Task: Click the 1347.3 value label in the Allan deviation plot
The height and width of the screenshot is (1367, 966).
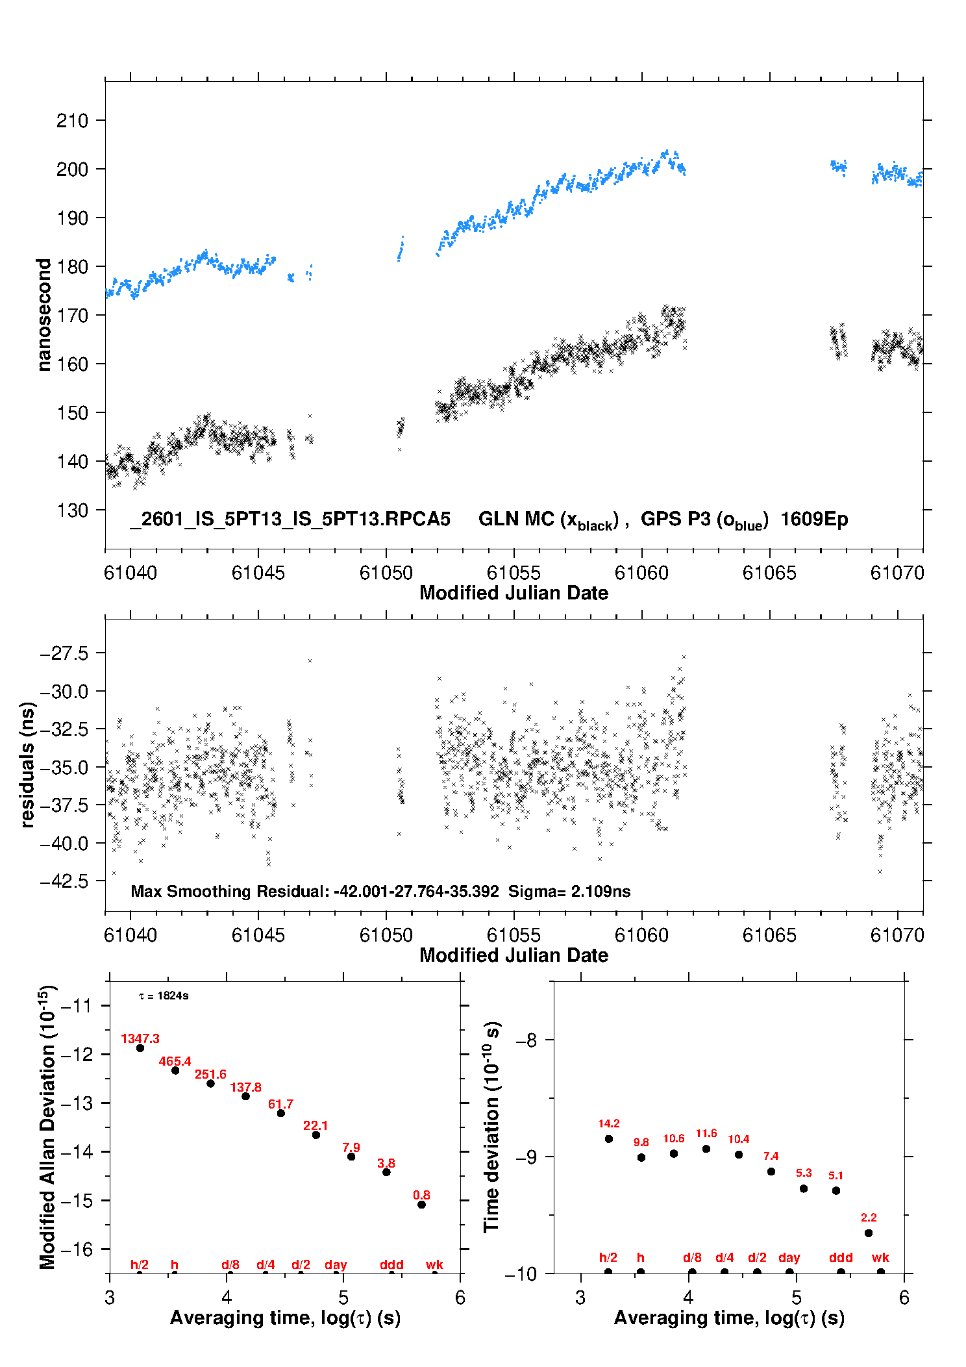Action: (x=140, y=1038)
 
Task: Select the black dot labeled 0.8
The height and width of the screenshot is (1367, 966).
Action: (x=421, y=1205)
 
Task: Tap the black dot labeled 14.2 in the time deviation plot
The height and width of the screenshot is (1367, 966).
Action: (x=609, y=1139)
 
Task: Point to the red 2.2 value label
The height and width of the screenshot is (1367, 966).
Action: (x=869, y=1218)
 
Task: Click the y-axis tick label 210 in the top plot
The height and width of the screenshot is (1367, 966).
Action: (x=72, y=121)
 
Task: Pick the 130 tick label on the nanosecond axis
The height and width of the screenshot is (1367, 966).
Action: (x=72, y=510)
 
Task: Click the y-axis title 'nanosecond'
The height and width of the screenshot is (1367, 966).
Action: (x=43, y=314)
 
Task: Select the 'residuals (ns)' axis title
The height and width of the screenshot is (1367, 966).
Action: (x=27, y=764)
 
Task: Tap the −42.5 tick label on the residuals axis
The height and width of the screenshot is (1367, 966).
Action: (x=64, y=882)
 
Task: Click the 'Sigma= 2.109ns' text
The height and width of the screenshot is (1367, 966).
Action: (x=569, y=892)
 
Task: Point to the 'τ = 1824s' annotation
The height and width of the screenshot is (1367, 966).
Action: (x=164, y=996)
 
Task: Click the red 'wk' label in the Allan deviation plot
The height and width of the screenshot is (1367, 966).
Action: (x=434, y=1264)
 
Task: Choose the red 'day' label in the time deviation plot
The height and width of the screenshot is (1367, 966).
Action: (x=789, y=1257)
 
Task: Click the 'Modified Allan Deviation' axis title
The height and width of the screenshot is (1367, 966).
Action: (x=47, y=1127)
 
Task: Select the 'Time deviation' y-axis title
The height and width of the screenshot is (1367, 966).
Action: (x=491, y=1127)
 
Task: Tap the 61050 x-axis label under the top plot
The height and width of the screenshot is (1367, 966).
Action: (x=386, y=573)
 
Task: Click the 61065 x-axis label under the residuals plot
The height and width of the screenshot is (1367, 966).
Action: (x=769, y=935)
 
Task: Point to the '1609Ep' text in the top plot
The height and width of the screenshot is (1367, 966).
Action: (x=814, y=520)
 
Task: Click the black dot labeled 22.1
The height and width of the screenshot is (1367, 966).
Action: (x=316, y=1135)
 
